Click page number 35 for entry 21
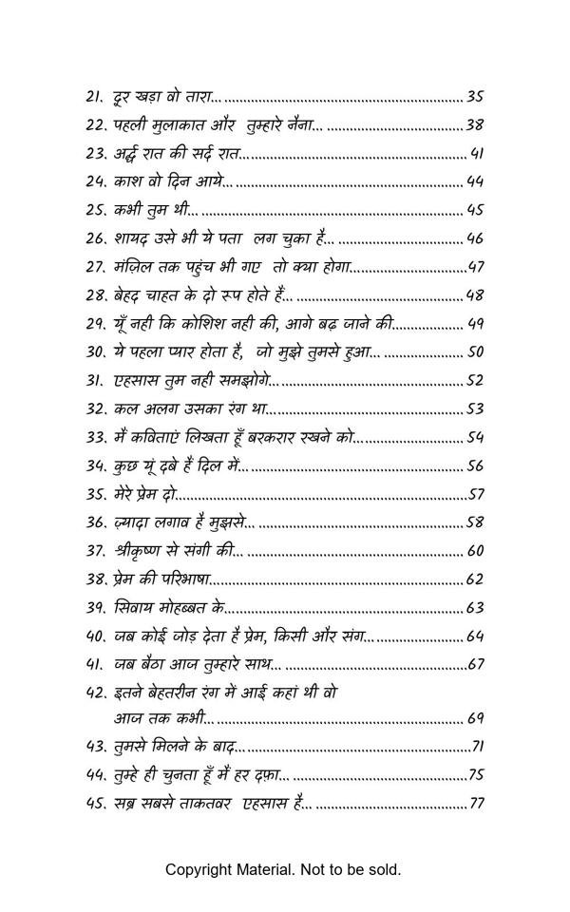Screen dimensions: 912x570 [476, 96]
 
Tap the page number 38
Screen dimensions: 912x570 [476, 124]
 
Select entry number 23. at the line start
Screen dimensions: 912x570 [96, 153]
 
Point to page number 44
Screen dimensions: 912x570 [476, 181]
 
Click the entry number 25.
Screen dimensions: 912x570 [96, 210]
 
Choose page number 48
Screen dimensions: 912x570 [476, 295]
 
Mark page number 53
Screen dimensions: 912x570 [476, 409]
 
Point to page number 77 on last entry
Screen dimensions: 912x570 [477, 804]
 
